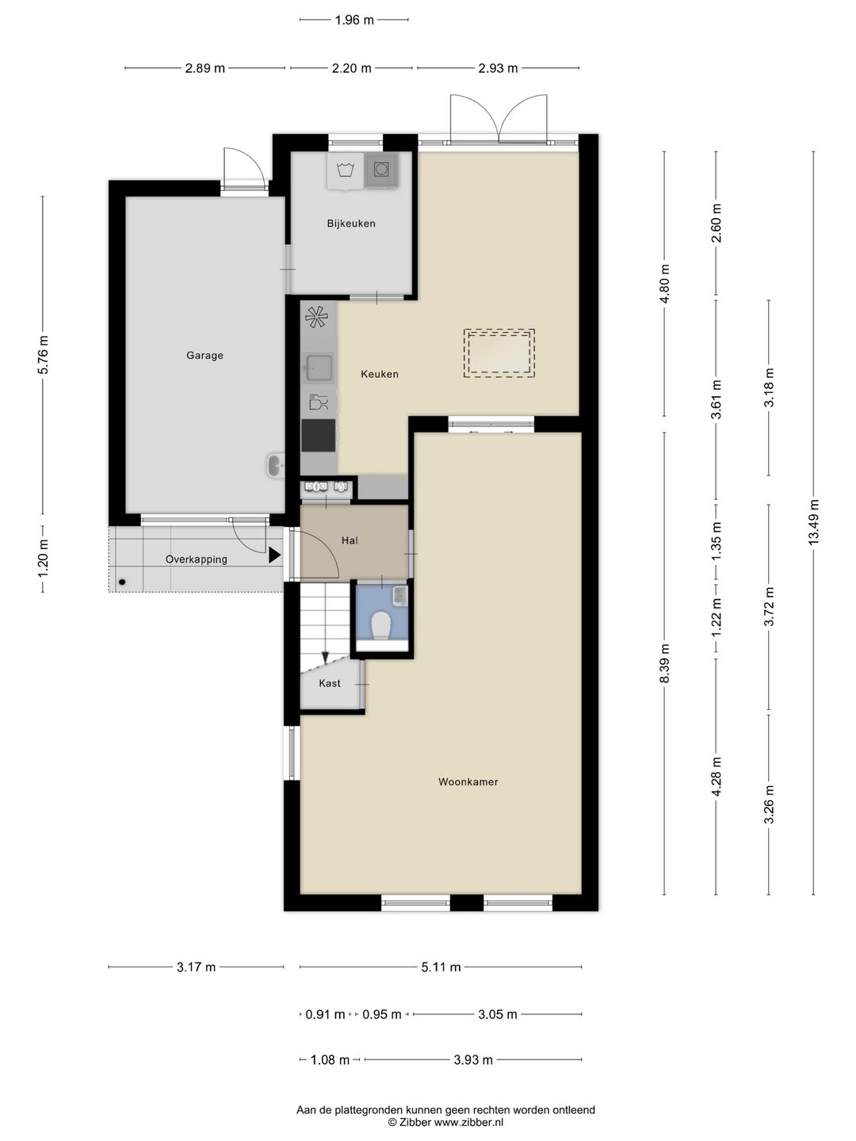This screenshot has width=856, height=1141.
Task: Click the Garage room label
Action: pyautogui.click(x=204, y=356)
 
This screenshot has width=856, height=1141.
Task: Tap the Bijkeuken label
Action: pyautogui.click(x=351, y=223)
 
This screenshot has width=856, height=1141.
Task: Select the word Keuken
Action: pyautogui.click(x=380, y=374)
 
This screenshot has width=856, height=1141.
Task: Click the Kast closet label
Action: pyautogui.click(x=330, y=683)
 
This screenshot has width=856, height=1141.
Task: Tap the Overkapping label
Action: pyautogui.click(x=197, y=559)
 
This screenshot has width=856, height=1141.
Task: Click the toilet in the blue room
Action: pyautogui.click(x=381, y=625)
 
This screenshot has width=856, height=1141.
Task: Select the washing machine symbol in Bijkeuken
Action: pyautogui.click(x=345, y=170)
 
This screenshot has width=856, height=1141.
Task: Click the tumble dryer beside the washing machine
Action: pyautogui.click(x=381, y=170)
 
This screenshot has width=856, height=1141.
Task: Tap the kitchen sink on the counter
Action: pyautogui.click(x=318, y=368)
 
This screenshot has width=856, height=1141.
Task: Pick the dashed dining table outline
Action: pyautogui.click(x=499, y=353)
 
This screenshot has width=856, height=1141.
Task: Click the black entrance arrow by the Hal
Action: pyautogui.click(x=275, y=555)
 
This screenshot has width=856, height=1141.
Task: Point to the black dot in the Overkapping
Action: pyautogui.click(x=122, y=582)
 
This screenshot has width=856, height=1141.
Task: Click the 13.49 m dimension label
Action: pyautogui.click(x=813, y=522)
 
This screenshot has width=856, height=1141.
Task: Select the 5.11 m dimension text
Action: pyautogui.click(x=441, y=967)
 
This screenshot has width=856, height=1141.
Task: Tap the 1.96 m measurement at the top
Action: pyautogui.click(x=354, y=20)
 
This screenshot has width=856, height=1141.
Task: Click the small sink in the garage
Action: pyautogui.click(x=276, y=466)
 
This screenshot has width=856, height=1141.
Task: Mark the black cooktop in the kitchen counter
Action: pyautogui.click(x=319, y=435)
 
